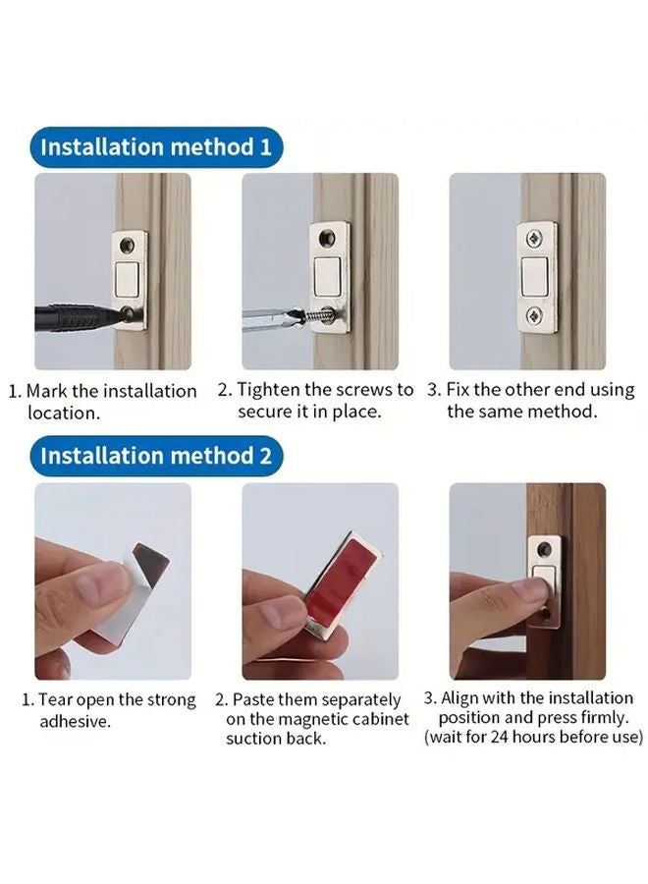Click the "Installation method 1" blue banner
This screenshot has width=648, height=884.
155,147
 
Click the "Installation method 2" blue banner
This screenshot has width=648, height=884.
155,456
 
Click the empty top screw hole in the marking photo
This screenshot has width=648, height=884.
128,244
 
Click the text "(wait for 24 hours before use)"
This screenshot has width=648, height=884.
534,737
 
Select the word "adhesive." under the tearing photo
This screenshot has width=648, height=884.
76,721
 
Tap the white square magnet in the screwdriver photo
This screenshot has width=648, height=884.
330,274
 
